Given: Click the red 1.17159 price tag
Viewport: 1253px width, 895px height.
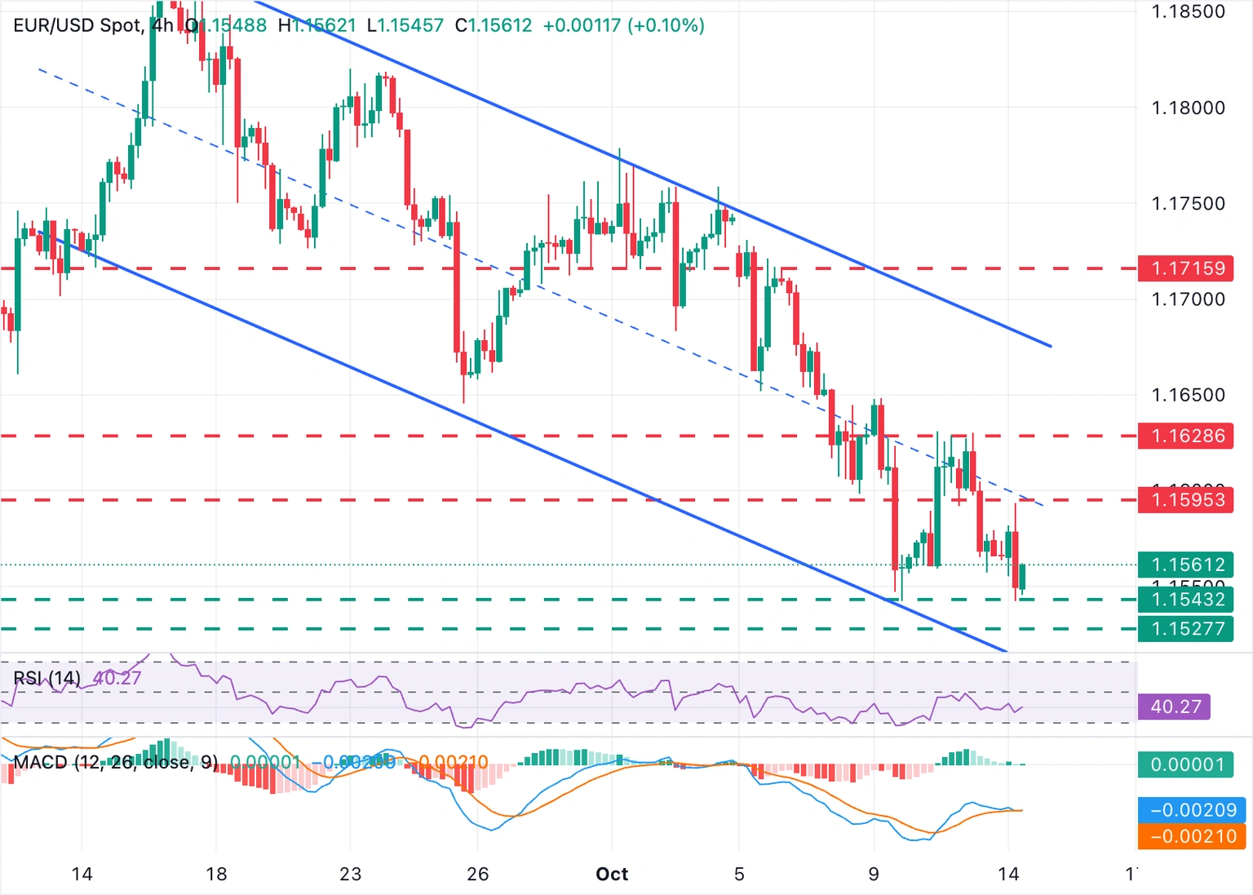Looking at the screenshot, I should [1187, 268].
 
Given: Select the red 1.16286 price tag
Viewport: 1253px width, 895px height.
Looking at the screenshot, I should [1187, 436].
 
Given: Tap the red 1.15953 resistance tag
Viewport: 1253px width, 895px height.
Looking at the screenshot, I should [1187, 499].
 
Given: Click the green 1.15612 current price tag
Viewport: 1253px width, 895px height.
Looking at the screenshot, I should [1187, 565].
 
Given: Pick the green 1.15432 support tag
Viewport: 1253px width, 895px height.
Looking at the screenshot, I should [1187, 600].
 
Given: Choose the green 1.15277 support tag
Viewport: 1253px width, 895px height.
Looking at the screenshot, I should [1187, 629].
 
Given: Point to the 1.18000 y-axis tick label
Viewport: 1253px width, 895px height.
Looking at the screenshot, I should [1188, 108].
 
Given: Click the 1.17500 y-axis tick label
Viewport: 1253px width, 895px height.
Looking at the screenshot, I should [1188, 203].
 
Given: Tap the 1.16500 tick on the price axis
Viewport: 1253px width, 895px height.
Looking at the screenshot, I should [1188, 395].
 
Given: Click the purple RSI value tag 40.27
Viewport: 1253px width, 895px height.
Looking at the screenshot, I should [1176, 707].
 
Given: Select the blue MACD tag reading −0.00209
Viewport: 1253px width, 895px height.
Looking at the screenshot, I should [1193, 810].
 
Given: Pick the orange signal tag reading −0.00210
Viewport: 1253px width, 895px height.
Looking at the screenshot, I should [1193, 836].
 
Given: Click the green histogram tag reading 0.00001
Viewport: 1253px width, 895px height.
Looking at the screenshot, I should [1187, 764].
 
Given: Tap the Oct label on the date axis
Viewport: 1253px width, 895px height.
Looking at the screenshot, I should [612, 875].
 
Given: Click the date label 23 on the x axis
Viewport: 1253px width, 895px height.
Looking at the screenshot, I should [350, 875].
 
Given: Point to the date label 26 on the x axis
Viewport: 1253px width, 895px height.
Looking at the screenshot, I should [477, 875].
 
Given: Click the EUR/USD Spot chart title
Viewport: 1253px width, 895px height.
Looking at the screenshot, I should [77, 25].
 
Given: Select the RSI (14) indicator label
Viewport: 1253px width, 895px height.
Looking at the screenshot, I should [47, 678].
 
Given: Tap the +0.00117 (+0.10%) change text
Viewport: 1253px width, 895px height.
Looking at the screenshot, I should [623, 25].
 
